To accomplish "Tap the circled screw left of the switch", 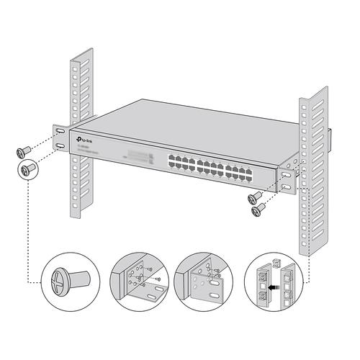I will [29, 170].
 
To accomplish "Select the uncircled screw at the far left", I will [22, 151].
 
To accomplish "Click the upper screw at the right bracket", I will [254, 197].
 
